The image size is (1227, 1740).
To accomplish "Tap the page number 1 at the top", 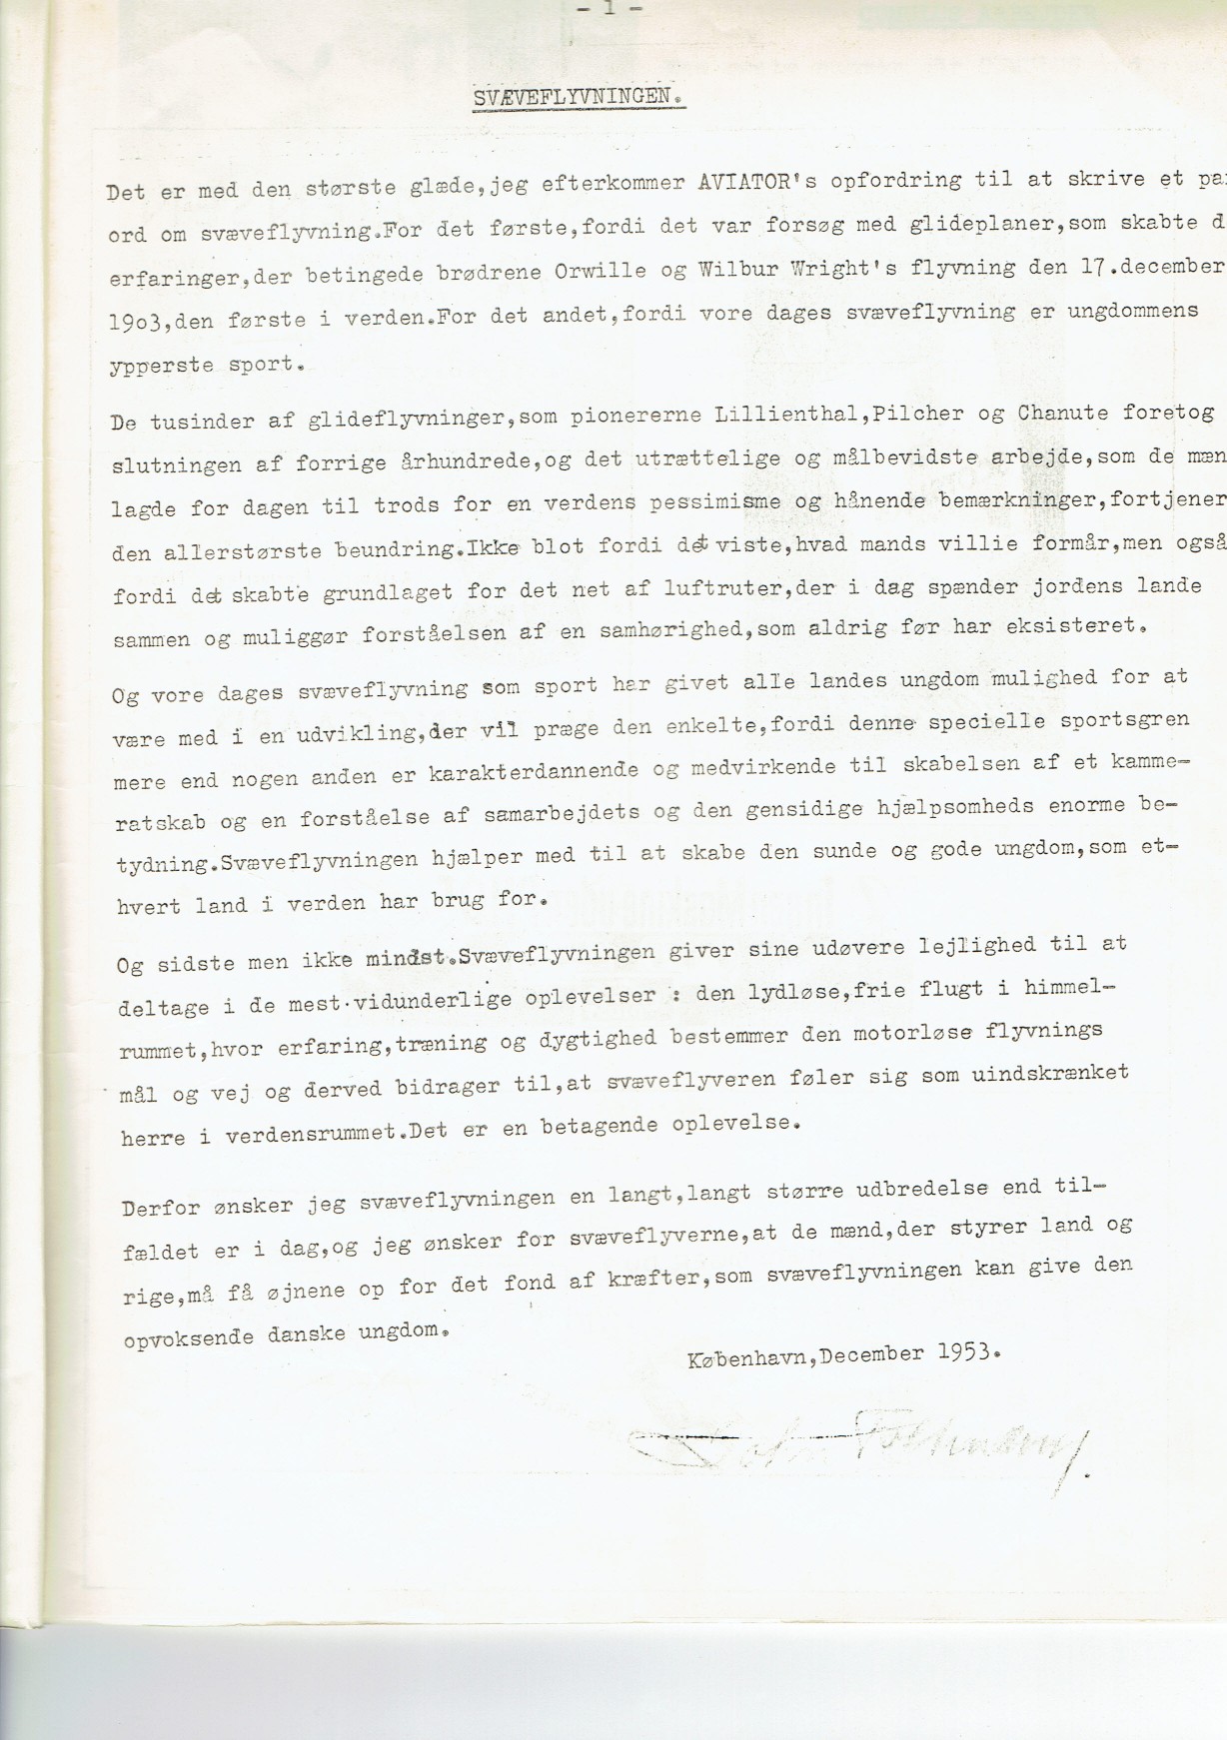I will pyautogui.click(x=609, y=8).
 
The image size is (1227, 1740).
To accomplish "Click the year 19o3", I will pyautogui.click(x=137, y=320).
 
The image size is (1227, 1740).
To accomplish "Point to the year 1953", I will pyautogui.click(x=966, y=1353).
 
